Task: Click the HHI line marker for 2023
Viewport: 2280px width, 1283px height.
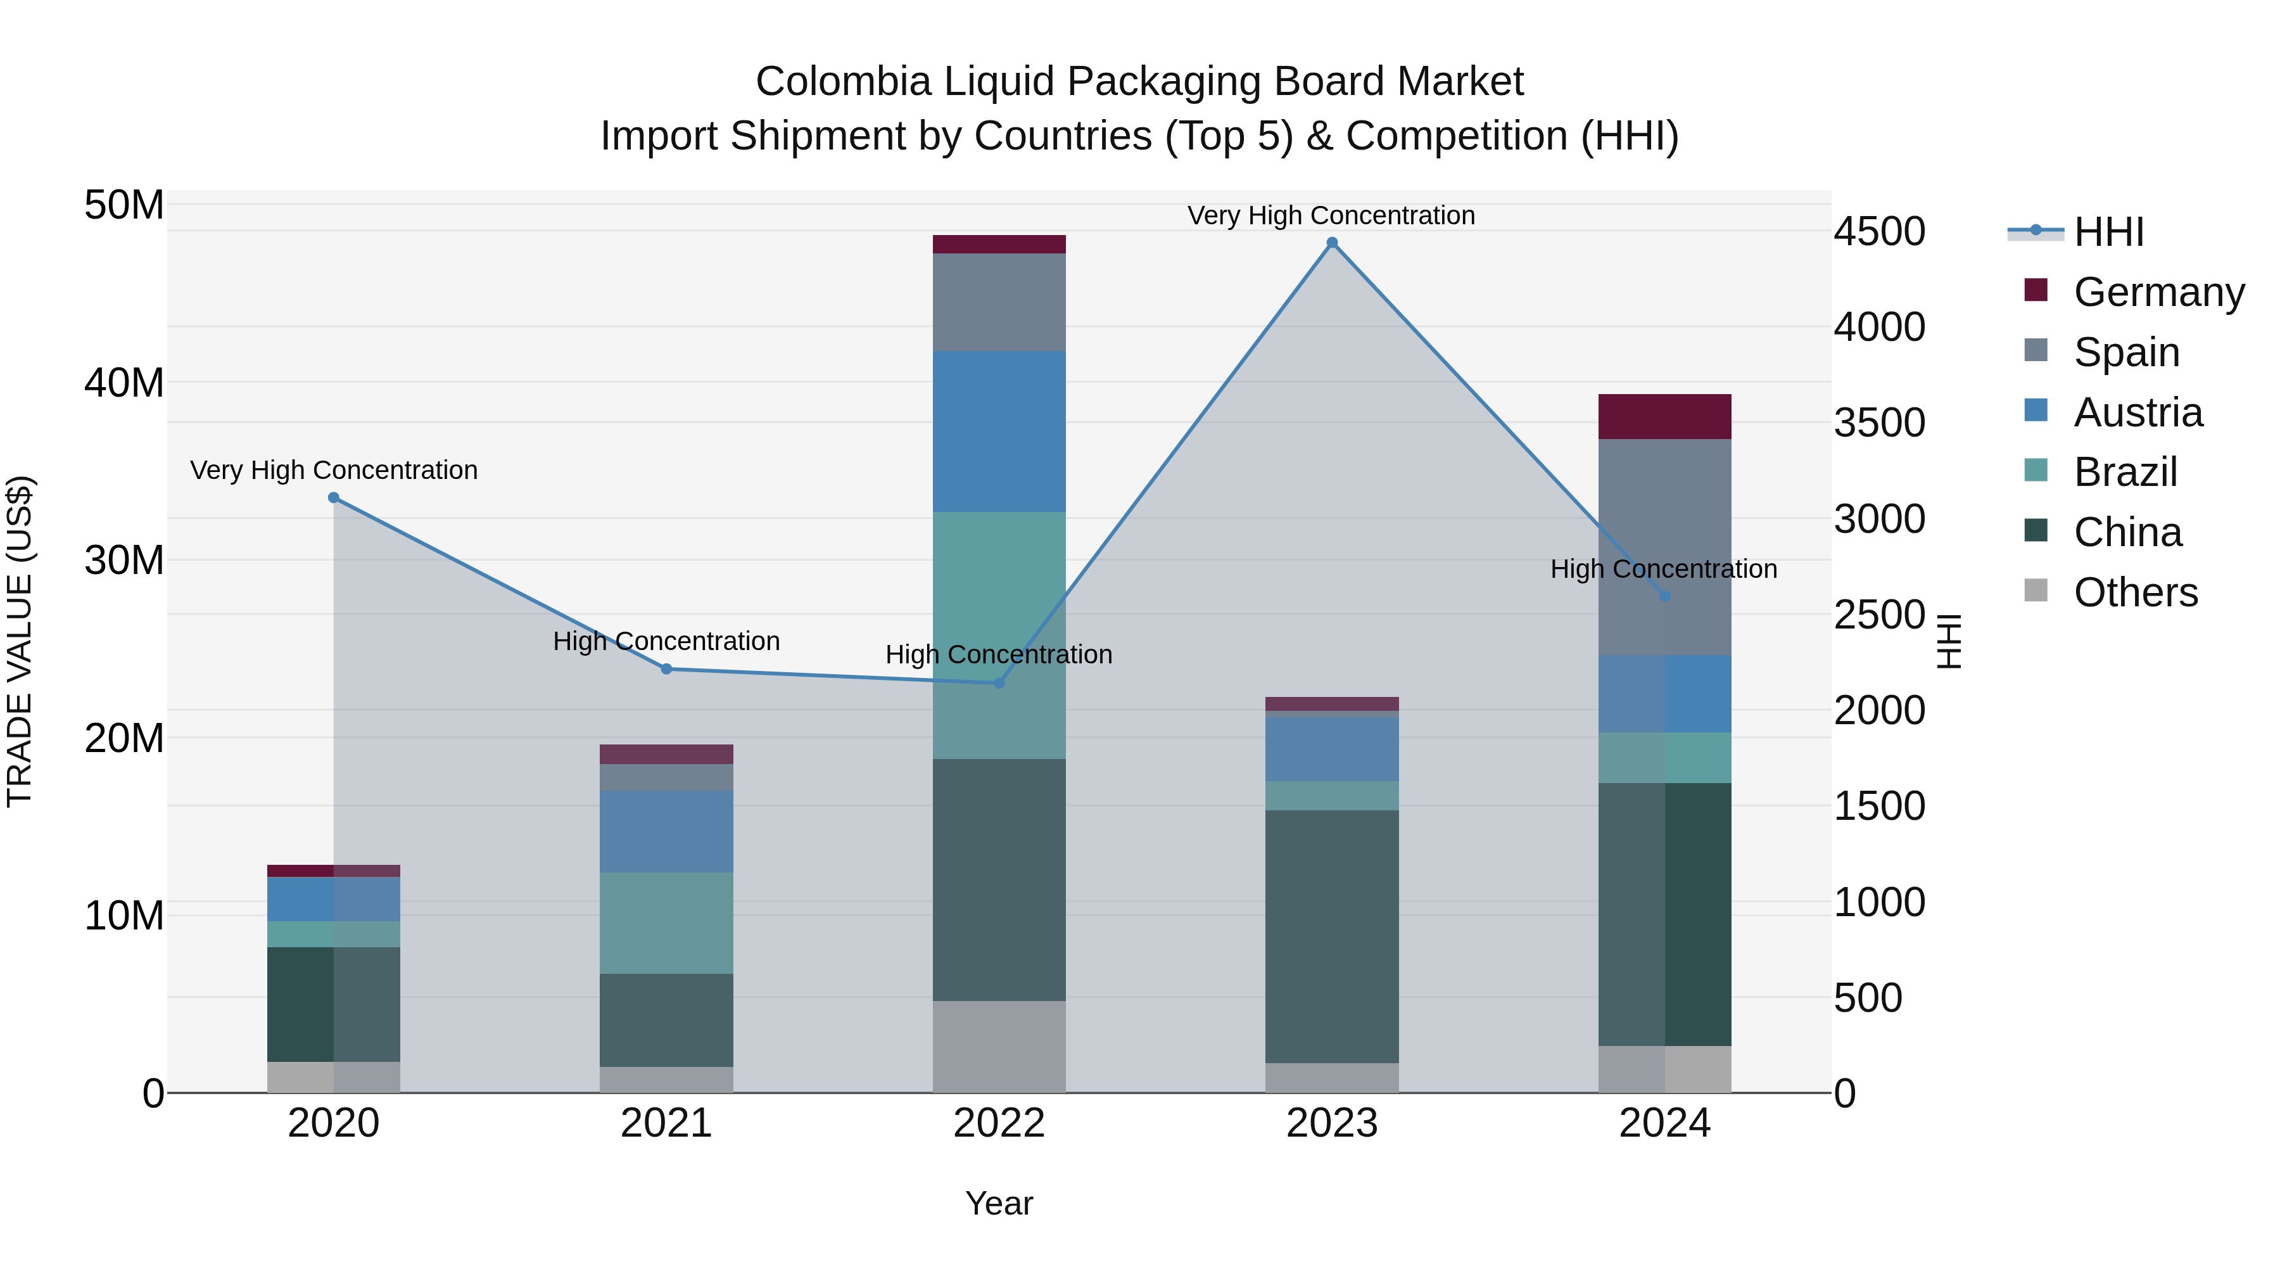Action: [x=1332, y=243]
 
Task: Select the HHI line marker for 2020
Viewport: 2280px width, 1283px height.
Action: [x=334, y=497]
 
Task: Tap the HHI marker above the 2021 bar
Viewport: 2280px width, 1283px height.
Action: [x=666, y=668]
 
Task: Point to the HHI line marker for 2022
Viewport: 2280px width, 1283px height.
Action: [x=999, y=682]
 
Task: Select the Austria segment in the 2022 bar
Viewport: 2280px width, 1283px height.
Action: [x=999, y=431]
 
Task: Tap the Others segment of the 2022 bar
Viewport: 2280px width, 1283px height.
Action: [x=999, y=1047]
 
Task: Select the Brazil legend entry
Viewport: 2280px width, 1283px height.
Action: [x=2124, y=472]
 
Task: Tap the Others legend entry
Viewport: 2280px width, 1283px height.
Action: [x=2135, y=592]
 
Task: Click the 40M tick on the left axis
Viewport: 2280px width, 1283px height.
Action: [x=124, y=383]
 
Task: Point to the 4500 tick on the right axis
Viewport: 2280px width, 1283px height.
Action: [x=1879, y=231]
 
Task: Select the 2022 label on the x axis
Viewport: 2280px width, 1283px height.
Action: [x=999, y=1123]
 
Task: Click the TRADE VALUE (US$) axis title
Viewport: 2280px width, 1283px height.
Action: [x=20, y=641]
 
